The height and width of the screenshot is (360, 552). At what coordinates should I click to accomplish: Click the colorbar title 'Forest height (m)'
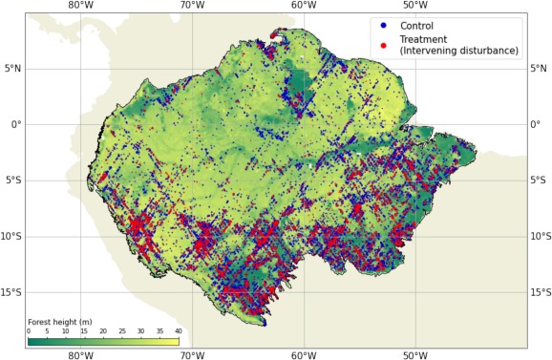click(59, 322)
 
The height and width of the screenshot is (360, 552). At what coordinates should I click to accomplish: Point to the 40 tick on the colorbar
click(178, 331)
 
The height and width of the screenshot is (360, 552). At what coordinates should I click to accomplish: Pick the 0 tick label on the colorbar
click(29, 331)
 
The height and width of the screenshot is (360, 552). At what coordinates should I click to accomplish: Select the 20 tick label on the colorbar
click(103, 331)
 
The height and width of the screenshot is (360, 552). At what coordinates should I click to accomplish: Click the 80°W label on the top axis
click(81, 7)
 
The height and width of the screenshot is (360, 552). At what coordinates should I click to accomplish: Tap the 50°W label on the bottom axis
click(414, 354)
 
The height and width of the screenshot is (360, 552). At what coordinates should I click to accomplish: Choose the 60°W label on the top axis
click(304, 7)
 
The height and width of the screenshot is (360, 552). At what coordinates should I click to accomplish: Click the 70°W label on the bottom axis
click(192, 354)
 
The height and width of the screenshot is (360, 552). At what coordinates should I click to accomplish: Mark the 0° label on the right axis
click(537, 124)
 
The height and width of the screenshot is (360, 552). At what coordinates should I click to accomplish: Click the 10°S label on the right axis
click(541, 237)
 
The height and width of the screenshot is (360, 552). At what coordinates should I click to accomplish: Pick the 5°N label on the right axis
click(541, 68)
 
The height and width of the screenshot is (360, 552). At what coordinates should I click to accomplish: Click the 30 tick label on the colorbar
click(140, 331)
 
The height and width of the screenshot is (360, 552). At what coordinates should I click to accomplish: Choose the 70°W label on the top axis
click(192, 7)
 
